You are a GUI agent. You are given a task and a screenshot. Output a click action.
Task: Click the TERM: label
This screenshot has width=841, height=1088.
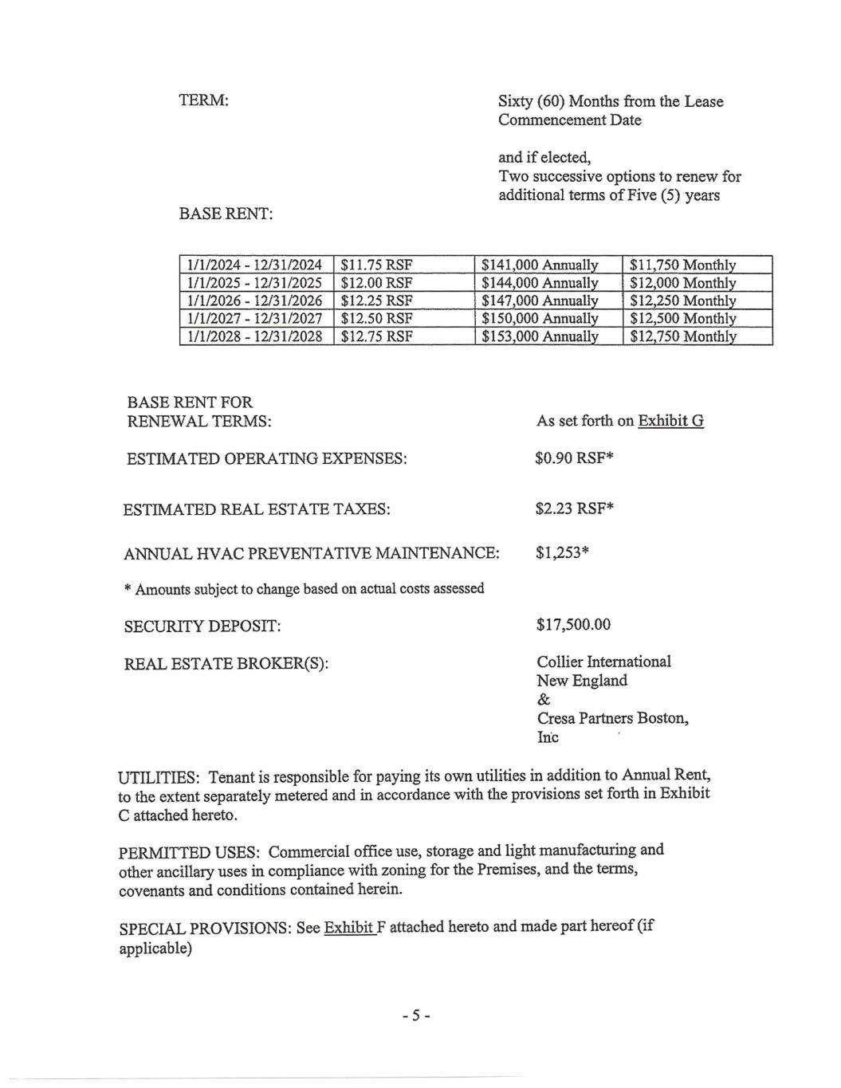pyautogui.click(x=204, y=101)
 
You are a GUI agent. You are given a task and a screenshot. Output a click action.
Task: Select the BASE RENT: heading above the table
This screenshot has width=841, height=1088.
pyautogui.click(x=226, y=214)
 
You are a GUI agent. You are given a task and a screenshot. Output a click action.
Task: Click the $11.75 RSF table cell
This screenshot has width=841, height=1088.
pyautogui.click(x=376, y=265)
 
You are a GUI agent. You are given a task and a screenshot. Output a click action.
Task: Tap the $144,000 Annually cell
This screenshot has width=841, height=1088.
pyautogui.click(x=540, y=283)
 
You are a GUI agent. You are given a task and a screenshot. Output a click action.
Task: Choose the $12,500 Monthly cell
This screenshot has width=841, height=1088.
pyautogui.click(x=682, y=318)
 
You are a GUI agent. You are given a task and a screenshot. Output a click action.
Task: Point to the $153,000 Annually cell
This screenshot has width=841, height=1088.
pyautogui.click(x=540, y=336)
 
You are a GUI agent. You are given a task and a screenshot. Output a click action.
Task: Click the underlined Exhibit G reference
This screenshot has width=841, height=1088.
pyautogui.click(x=670, y=421)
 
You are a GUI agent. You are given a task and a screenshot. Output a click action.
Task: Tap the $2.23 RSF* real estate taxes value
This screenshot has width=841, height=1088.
pyautogui.click(x=574, y=509)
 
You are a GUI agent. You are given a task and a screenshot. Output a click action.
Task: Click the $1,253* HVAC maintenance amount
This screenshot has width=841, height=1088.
pyautogui.click(x=562, y=552)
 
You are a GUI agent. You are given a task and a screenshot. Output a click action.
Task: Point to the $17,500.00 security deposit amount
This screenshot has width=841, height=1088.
pyautogui.click(x=573, y=624)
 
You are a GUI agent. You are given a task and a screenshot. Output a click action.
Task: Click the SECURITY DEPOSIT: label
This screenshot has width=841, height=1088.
pyautogui.click(x=202, y=626)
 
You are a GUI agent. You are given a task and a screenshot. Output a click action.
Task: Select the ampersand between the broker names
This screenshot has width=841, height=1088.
pyautogui.click(x=544, y=699)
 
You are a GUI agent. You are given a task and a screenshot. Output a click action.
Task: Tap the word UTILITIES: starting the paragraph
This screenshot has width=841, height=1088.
pyautogui.click(x=158, y=777)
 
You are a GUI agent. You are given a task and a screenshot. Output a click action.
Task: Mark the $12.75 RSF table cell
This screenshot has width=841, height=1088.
pyautogui.click(x=376, y=336)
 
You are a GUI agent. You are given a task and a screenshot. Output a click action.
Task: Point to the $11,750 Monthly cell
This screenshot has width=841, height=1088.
pyautogui.click(x=682, y=265)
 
